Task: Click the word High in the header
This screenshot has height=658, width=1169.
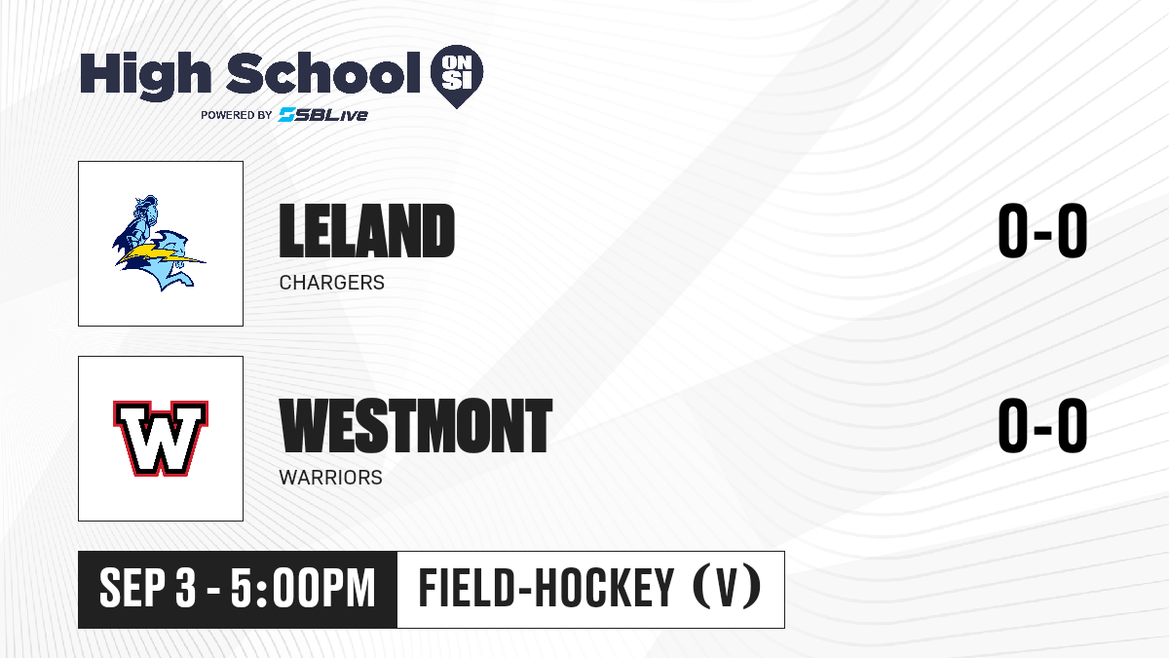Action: [146, 76]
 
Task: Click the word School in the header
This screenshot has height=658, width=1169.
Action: [323, 73]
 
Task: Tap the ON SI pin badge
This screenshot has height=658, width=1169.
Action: [457, 76]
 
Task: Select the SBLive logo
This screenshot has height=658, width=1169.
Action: [323, 115]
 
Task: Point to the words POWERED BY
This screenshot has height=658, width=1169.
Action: [237, 115]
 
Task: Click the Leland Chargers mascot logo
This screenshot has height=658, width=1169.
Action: [159, 243]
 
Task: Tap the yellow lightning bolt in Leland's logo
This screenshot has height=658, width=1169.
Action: [160, 254]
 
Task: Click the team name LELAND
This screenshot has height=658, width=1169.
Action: [367, 230]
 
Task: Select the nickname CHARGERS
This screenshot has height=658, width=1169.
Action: [332, 283]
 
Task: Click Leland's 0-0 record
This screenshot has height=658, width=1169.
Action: [1042, 230]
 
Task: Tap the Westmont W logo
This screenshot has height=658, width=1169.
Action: [161, 439]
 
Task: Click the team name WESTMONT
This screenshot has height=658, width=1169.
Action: [415, 425]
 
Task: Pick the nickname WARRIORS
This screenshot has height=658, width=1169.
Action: [331, 478]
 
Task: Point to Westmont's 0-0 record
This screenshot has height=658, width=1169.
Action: [1042, 425]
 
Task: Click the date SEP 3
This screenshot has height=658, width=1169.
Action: [148, 589]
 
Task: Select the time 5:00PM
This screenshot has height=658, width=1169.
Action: [303, 589]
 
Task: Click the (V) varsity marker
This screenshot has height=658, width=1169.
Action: [727, 589]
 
